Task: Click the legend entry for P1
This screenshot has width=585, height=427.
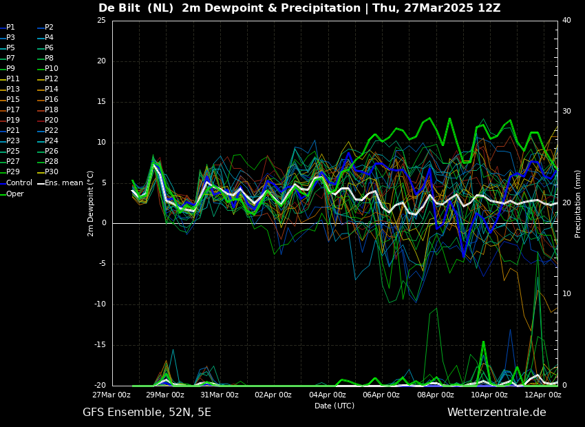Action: coord(10,28)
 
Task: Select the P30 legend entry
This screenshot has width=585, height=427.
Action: coord(52,172)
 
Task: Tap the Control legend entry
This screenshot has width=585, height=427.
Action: coord(19,183)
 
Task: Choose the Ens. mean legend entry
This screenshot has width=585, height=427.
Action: coord(64,183)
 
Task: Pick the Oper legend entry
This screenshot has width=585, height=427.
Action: coord(15,194)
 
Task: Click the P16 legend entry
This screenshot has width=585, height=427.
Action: coord(52,100)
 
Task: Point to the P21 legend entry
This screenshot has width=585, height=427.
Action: coord(13,131)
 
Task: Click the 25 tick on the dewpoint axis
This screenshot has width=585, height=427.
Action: coord(101,21)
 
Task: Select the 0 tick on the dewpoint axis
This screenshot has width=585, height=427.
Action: coord(103,223)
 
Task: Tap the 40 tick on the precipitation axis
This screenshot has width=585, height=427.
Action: coord(566,21)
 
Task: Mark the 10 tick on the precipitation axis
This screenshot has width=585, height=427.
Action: coord(566,294)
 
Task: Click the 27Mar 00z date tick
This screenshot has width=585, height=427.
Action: coord(112,395)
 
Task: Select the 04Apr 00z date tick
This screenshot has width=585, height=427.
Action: coord(328,395)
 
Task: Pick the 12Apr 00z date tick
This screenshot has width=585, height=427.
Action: coord(543,395)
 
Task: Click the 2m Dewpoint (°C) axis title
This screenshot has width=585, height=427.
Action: coord(91,203)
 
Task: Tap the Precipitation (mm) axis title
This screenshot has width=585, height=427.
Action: coord(578,203)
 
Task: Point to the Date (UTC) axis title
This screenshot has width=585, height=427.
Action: coord(334,406)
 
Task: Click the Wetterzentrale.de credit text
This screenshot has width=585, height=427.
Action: coord(496,413)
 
